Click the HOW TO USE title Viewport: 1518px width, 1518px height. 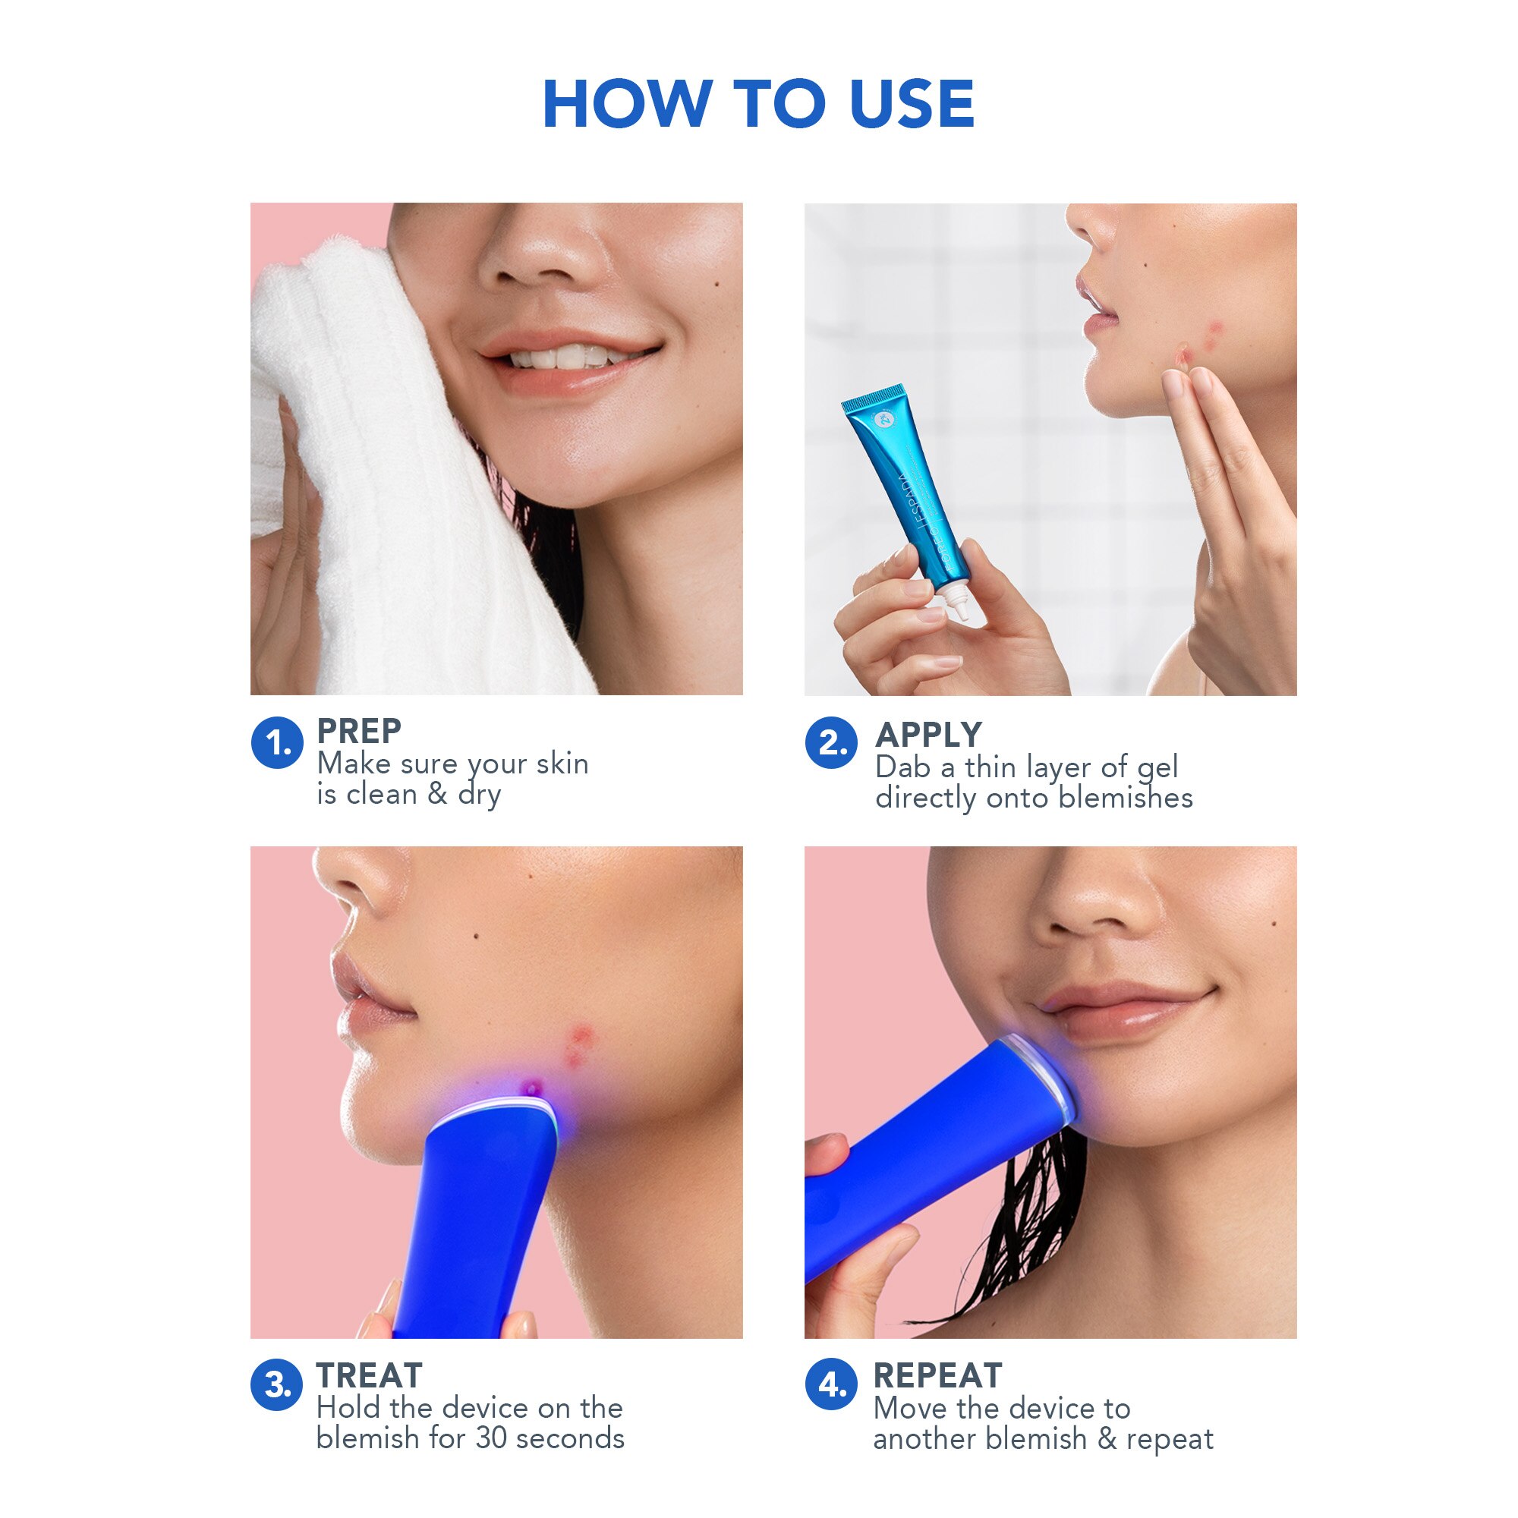(758, 104)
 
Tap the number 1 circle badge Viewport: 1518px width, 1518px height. (276, 742)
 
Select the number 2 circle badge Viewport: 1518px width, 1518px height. (830, 742)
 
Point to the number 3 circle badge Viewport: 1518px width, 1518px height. (276, 1384)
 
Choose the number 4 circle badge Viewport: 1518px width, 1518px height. (830, 1384)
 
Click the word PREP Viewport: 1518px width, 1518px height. (359, 732)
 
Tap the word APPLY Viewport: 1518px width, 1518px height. (929, 735)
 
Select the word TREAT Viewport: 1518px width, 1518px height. (370, 1376)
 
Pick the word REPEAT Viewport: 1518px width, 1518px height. (937, 1376)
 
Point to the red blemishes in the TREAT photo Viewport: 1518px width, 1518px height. (579, 1045)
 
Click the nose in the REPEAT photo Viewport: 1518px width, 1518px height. (1096, 903)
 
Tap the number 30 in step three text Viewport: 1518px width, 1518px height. (492, 1438)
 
